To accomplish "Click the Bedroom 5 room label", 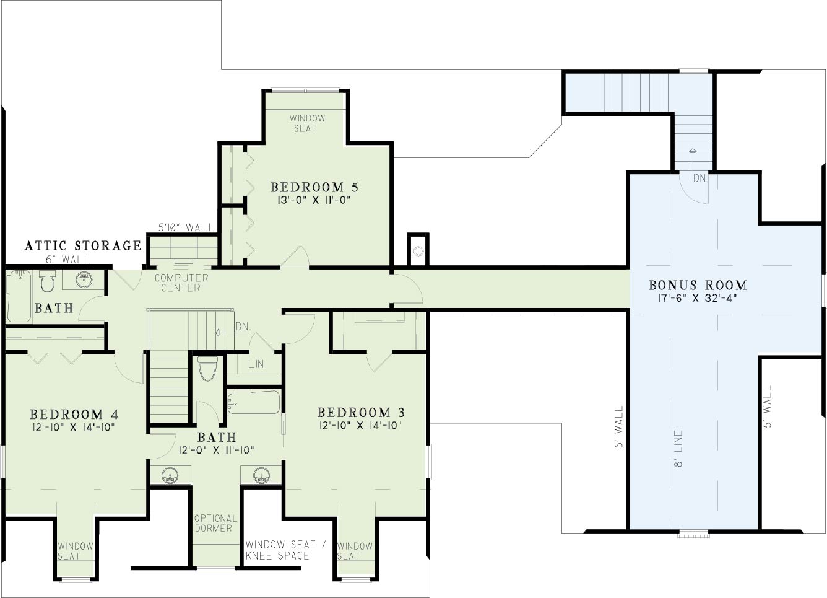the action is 314,187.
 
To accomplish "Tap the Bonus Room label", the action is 698,285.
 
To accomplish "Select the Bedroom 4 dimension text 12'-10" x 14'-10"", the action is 74,427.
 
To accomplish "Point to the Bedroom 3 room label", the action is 361,412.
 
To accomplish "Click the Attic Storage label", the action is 83,245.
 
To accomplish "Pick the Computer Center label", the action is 181,283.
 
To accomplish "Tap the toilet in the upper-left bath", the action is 47,281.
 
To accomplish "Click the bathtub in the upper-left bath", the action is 19,296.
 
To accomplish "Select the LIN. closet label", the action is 258,364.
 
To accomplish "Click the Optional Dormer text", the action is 216,523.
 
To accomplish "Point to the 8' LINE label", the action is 678,449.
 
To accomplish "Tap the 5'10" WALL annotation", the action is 186,227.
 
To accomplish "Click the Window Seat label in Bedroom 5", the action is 307,123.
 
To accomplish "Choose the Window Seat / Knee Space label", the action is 286,550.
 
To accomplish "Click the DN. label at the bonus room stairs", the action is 700,178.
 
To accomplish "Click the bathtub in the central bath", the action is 254,402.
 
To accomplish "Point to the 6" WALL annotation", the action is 68,260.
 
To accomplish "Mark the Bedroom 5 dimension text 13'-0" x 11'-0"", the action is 313,200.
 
